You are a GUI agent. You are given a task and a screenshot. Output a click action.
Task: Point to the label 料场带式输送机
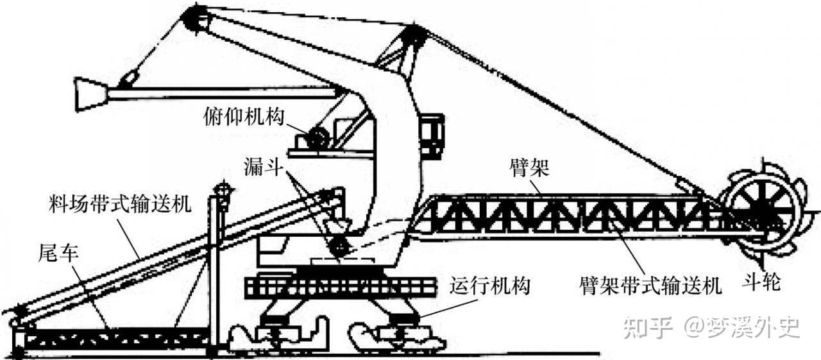(x=119, y=207)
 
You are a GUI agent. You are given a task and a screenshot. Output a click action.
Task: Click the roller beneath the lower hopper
(x=337, y=245)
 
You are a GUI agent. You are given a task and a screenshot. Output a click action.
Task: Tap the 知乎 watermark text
(x=647, y=327)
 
